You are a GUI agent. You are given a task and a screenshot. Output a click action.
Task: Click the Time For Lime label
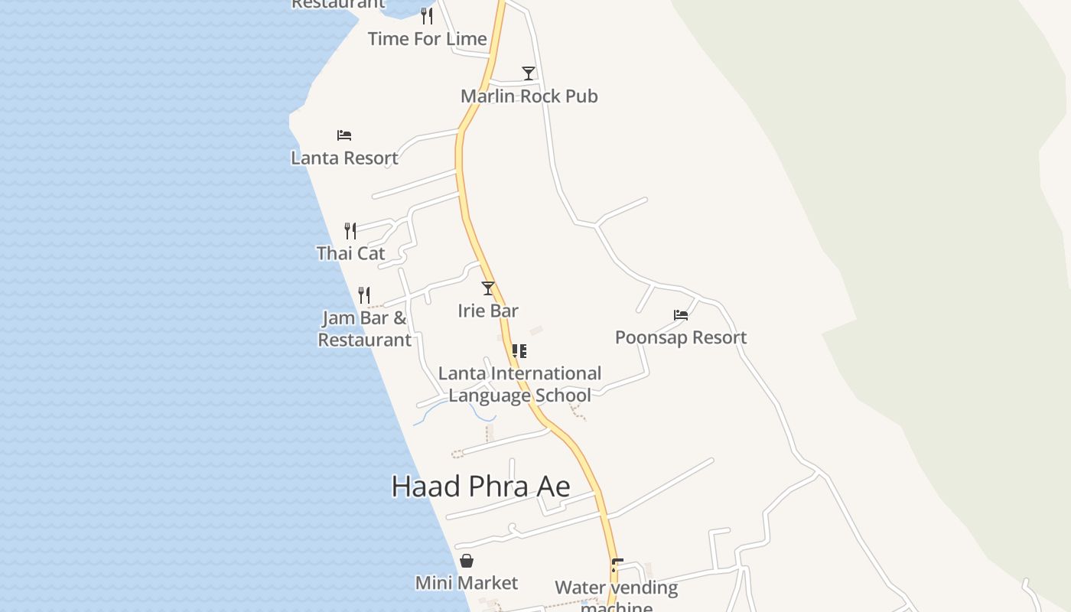427,39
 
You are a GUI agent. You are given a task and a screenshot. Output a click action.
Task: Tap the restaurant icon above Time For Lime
427,15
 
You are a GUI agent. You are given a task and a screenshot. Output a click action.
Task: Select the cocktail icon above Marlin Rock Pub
529,73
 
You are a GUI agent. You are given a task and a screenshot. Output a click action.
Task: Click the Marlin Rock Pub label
529,96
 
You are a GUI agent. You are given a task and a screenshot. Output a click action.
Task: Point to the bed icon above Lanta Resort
344,135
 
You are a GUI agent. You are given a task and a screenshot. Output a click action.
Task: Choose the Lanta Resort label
344,158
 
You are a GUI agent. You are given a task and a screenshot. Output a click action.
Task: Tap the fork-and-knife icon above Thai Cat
350,230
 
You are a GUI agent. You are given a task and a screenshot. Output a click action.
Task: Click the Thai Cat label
350,253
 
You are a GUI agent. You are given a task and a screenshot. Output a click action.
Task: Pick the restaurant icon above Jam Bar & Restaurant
364,295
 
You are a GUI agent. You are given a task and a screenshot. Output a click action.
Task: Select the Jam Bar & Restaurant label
364,329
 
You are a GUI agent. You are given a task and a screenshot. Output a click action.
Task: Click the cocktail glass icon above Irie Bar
488,288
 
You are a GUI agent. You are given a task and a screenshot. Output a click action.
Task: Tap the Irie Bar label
488,311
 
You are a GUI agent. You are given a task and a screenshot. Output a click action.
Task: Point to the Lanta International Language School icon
519,351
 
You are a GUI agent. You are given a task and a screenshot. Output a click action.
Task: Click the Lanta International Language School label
519,384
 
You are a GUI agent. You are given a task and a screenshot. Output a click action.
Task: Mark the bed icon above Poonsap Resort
681,314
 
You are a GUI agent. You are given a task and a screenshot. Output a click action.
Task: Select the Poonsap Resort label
681,337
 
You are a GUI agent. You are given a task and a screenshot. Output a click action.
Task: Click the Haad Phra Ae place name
480,487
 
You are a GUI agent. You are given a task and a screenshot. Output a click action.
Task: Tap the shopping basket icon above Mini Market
467,561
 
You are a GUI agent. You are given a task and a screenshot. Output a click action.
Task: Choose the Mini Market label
467,583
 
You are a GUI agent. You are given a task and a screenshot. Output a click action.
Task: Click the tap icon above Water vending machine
617,565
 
